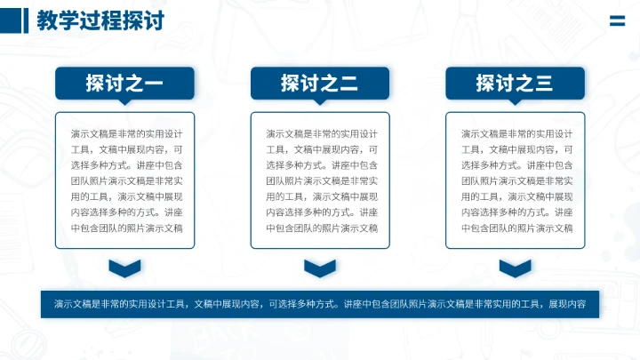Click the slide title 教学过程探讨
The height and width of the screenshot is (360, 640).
tap(100, 20)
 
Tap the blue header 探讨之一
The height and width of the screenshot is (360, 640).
tap(124, 84)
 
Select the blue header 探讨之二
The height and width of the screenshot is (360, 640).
tap(319, 84)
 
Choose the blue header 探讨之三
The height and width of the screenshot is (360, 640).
tap(515, 84)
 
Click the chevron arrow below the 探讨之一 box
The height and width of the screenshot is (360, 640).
tap(124, 268)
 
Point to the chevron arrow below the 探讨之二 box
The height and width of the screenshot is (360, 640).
tap(319, 268)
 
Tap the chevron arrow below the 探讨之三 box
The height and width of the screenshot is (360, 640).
tap(515, 268)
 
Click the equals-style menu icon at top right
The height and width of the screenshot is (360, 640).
tap(617, 23)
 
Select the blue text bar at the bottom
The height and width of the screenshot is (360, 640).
tap(319, 304)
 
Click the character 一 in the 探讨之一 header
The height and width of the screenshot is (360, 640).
tap(153, 84)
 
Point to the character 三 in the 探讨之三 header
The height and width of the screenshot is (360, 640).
tap(543, 84)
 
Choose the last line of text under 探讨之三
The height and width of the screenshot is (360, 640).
tap(516, 228)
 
